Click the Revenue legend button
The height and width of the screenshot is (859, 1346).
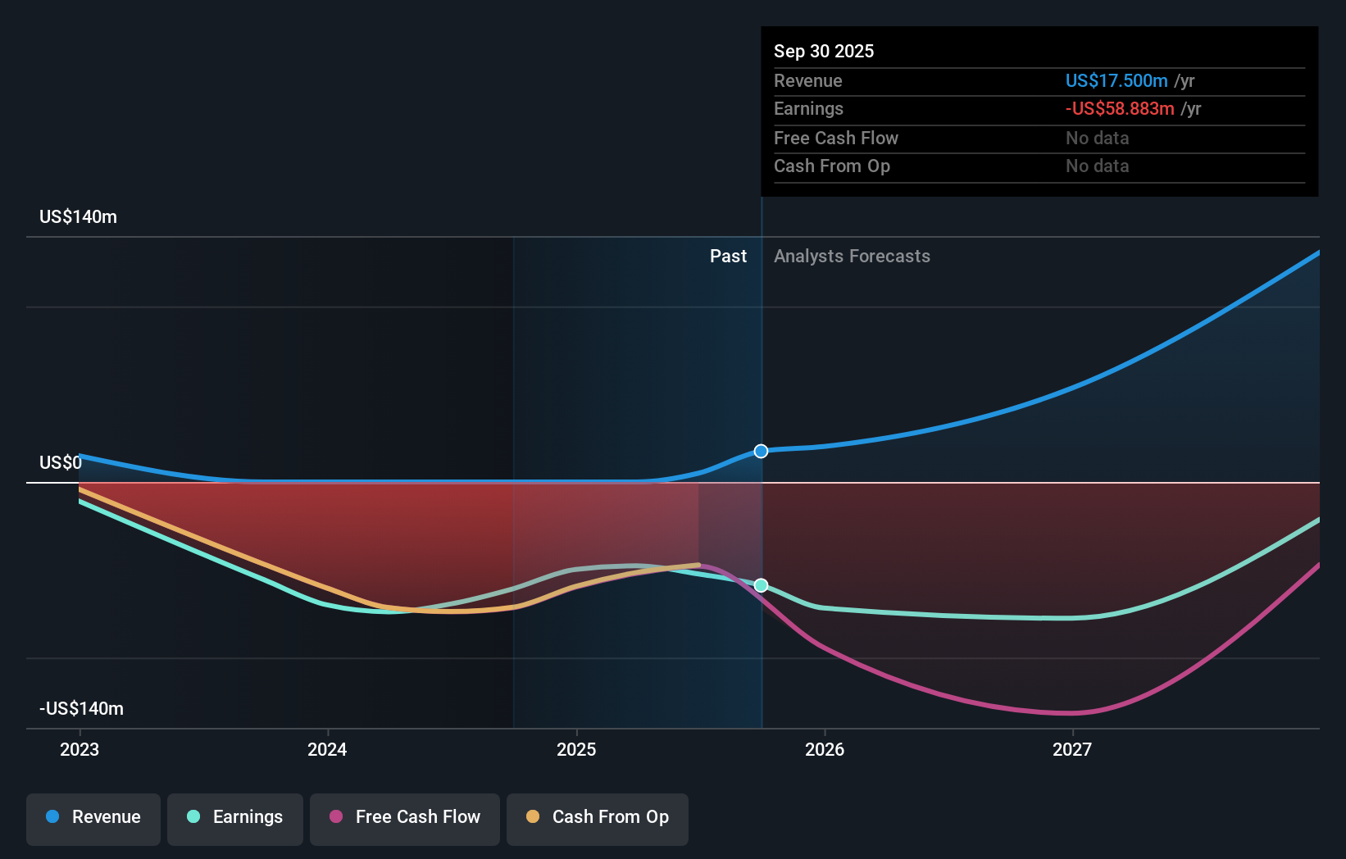[x=93, y=817]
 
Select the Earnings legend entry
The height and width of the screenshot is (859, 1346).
[x=235, y=817]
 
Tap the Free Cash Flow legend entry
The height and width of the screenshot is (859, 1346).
[x=405, y=817]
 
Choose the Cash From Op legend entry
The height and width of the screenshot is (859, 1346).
[x=598, y=817]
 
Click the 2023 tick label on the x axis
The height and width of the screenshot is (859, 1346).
[x=80, y=749]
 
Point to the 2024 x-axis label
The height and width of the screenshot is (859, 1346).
[x=327, y=749]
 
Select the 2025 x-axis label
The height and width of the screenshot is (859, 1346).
[x=576, y=749]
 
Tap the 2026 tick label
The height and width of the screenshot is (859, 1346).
[x=825, y=749]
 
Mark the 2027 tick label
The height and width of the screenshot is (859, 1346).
[x=1072, y=749]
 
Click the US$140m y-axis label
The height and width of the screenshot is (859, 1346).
[x=78, y=216]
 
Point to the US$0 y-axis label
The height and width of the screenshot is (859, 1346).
[x=61, y=462]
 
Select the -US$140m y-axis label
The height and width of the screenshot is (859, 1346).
[x=81, y=708]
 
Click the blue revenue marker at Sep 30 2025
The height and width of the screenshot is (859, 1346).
[x=761, y=451]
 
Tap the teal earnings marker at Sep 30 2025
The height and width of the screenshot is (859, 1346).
[x=761, y=585]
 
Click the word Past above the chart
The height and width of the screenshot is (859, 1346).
[x=728, y=256]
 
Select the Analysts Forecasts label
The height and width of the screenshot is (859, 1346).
[x=852, y=256]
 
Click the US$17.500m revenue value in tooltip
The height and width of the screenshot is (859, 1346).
[x=1116, y=80]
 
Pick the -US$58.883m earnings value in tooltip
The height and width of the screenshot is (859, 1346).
[x=1120, y=108]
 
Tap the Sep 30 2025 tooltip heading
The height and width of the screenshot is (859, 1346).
[x=824, y=51]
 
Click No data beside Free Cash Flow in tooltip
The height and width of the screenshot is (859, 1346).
[x=1097, y=138]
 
